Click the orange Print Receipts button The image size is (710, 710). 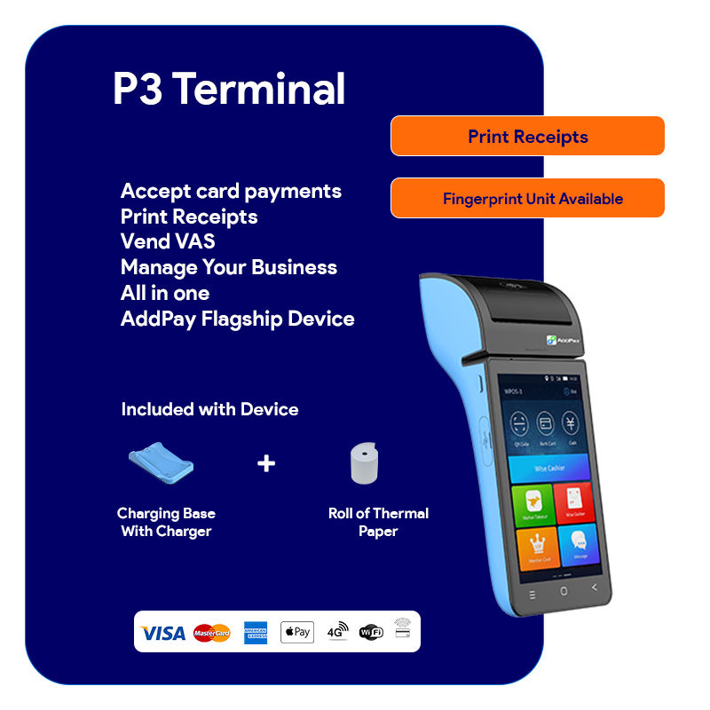(527, 137)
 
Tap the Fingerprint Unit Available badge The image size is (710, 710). (527, 199)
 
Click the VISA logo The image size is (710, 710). (163, 633)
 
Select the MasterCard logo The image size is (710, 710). (211, 633)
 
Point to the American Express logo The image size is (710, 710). (256, 633)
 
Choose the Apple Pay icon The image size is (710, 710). (297, 632)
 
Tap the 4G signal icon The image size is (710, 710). (337, 630)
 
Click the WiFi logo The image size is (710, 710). (371, 632)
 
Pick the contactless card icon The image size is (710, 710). (403, 627)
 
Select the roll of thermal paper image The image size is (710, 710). (363, 463)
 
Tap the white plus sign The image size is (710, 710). (266, 463)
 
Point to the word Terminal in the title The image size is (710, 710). (258, 90)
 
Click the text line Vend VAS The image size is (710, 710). (168, 241)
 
